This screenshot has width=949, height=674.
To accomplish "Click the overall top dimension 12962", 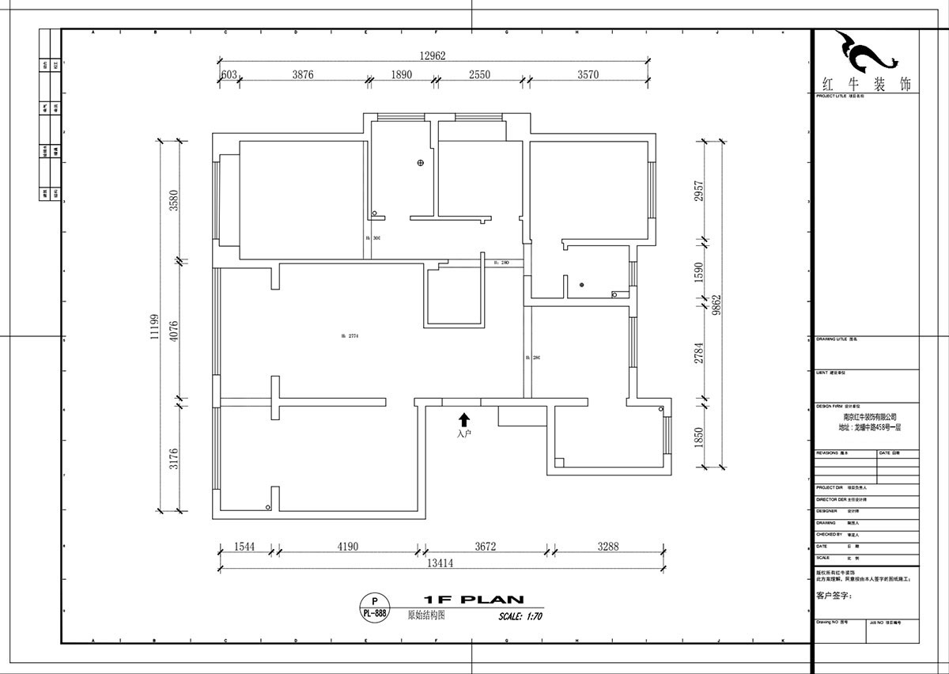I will [433, 55].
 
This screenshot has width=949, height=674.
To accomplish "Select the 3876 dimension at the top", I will [303, 75].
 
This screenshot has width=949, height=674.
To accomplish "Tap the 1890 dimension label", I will [401, 75].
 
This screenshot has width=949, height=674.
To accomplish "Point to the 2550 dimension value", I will [479, 75].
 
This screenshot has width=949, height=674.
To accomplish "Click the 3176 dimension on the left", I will [174, 459].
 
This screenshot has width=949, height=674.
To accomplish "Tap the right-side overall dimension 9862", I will [716, 302].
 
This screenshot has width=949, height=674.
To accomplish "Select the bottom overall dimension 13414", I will [440, 563].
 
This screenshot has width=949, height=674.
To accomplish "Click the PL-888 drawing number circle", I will [374, 608].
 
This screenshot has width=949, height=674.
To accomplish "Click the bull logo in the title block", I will [865, 53].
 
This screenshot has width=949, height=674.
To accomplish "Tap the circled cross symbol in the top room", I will [421, 163].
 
